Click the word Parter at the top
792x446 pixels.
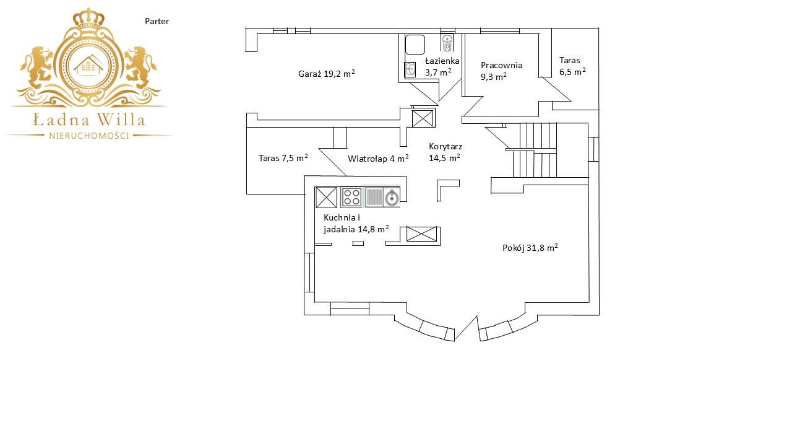(157, 21)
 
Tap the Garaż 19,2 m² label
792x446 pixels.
(326, 73)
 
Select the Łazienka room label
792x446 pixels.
(442, 61)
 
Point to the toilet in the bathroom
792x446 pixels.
(447, 43)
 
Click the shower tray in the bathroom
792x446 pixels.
(415, 45)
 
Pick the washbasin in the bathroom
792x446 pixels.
(410, 69)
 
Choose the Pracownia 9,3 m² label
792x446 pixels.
(501, 71)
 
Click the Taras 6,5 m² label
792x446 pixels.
(572, 66)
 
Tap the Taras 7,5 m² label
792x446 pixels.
(283, 157)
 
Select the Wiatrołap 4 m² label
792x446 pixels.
(378, 158)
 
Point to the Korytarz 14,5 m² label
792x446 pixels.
(445, 152)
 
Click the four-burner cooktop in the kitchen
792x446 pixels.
(351, 198)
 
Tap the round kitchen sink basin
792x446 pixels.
(392, 198)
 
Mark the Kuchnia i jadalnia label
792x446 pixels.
(356, 224)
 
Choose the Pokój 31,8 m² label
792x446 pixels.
(530, 247)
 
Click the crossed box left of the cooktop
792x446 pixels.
(326, 198)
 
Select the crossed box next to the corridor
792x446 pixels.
(423, 118)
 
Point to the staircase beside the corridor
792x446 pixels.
(535, 150)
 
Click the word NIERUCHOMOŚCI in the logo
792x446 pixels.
(88, 136)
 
